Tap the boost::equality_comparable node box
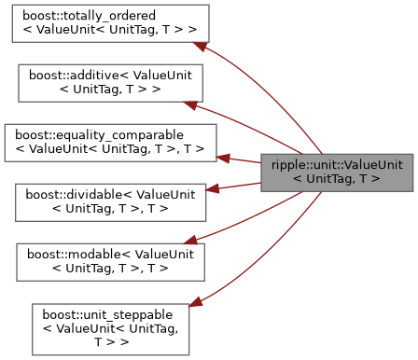click(x=110, y=141)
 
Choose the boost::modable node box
click(x=110, y=258)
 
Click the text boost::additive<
click(x=75, y=75)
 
